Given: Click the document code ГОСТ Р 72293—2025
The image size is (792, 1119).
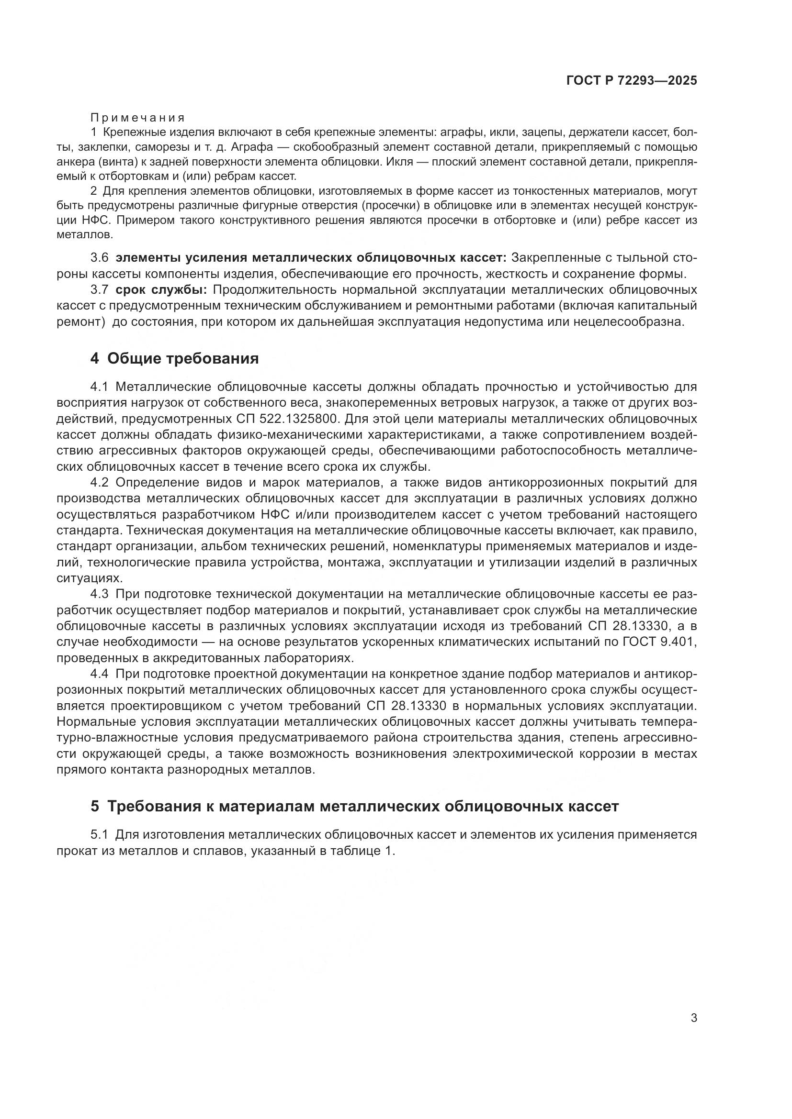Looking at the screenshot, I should pos(632,81).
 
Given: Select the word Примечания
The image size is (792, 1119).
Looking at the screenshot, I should pos(137,118).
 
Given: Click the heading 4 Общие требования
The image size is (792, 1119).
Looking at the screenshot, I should pos(174,359).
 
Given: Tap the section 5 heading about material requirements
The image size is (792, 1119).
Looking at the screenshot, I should pos(354,806).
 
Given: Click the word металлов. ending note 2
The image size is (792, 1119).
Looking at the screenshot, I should pos(85,234).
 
